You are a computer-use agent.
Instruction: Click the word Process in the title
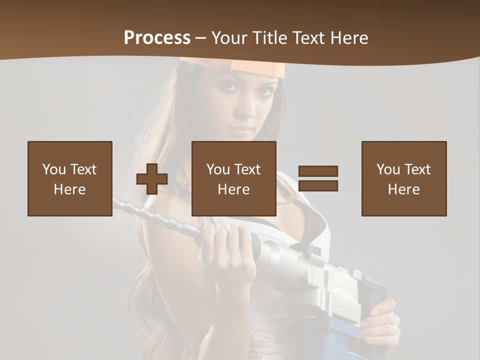click(x=157, y=37)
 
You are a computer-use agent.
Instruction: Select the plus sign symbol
click(x=152, y=179)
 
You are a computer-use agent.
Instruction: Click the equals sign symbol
click(x=318, y=178)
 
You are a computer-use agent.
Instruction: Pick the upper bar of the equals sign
click(x=318, y=171)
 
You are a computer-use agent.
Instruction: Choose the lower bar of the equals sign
click(x=318, y=185)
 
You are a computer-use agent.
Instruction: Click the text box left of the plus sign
click(x=70, y=178)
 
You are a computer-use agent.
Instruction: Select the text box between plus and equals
click(x=234, y=178)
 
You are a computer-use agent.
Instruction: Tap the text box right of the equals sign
click(x=404, y=178)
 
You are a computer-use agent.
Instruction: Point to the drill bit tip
click(x=116, y=202)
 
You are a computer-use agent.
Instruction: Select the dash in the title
click(x=201, y=37)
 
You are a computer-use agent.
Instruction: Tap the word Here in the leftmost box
click(x=70, y=189)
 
